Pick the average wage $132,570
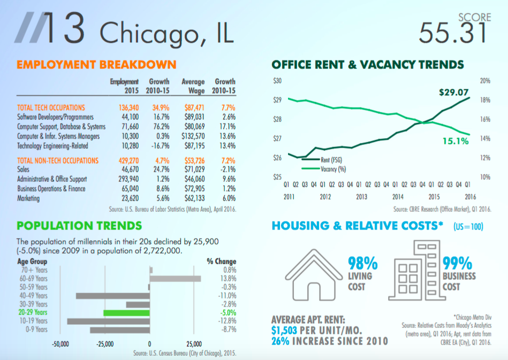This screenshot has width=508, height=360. [193, 136]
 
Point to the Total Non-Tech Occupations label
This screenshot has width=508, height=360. [58, 160]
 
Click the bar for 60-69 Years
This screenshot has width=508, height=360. [176, 279]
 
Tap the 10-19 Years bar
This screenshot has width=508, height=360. [109, 321]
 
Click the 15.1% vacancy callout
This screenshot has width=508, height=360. [456, 141]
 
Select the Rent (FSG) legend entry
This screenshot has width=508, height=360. [332, 159]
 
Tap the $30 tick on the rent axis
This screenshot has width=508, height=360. [277, 81]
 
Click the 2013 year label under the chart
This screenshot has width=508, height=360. [362, 196]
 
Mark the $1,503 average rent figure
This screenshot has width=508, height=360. [284, 331]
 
